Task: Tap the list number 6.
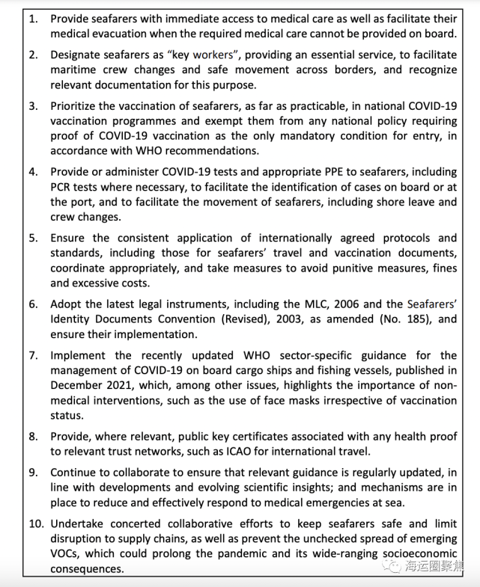coord(32,304)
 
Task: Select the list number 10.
coord(35,524)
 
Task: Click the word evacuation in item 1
coord(127,34)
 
